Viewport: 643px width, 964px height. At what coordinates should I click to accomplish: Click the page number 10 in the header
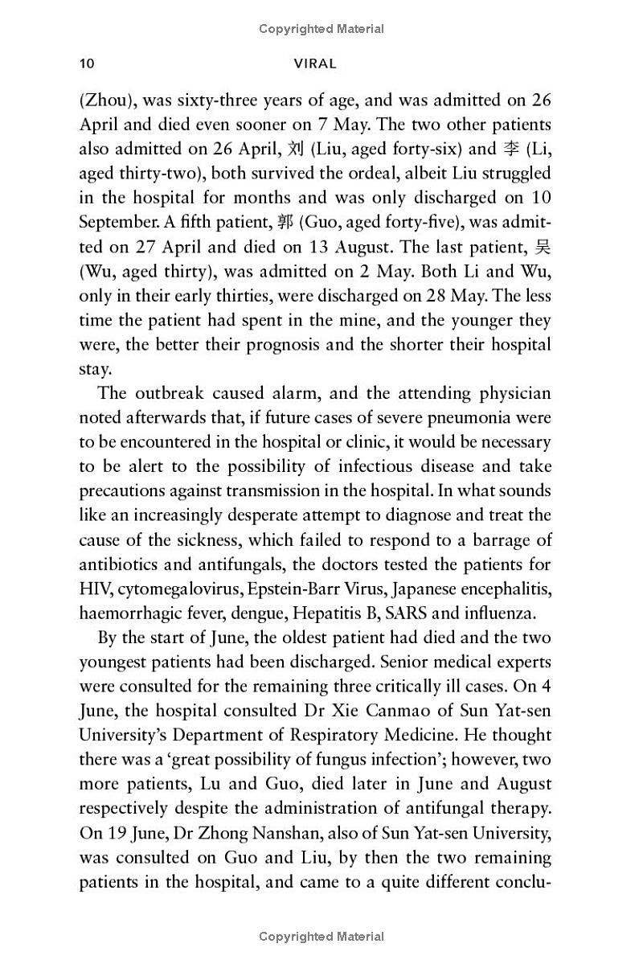click(x=88, y=64)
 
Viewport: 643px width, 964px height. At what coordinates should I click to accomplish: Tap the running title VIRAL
click(x=316, y=64)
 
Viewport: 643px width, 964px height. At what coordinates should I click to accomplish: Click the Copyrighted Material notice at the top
click(x=321, y=29)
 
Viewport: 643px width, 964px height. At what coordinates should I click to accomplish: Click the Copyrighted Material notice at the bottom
click(x=321, y=936)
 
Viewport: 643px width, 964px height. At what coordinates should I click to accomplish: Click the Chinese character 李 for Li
click(x=511, y=149)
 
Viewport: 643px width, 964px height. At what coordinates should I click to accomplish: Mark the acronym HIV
click(x=95, y=589)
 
